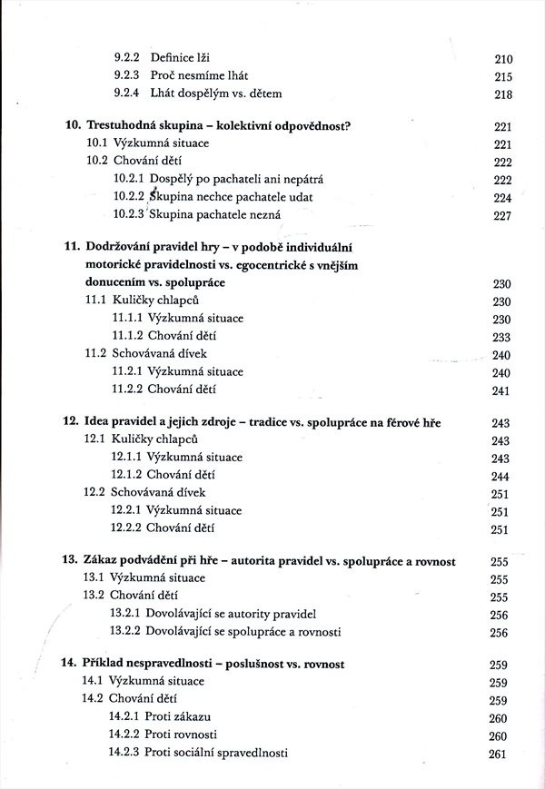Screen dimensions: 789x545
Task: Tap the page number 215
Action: tap(501, 76)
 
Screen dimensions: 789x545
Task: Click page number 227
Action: tap(501, 216)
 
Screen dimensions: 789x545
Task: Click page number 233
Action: tap(501, 336)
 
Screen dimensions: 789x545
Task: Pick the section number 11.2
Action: tap(97, 354)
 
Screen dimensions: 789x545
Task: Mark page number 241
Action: tap(501, 390)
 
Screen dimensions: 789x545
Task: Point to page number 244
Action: tap(501, 476)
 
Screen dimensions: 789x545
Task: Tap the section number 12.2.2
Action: tap(127, 528)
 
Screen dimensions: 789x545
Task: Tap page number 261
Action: tap(501, 754)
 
